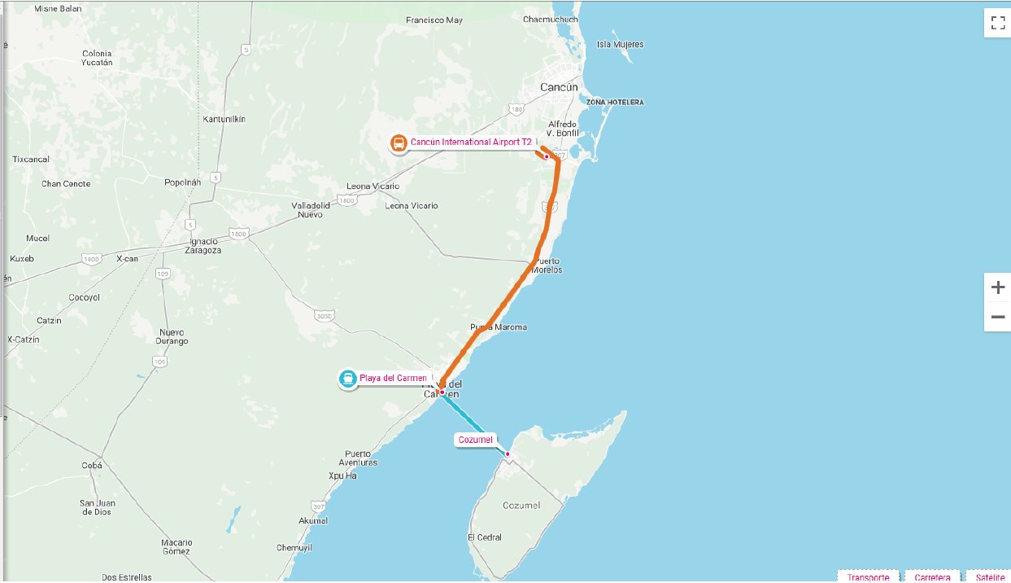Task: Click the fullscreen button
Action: (x=997, y=23)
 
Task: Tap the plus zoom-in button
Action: (x=997, y=287)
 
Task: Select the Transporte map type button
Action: (x=868, y=577)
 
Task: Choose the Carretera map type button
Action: (x=932, y=577)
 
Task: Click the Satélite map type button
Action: (x=989, y=577)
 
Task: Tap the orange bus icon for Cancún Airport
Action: (x=399, y=144)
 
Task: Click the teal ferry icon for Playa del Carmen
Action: (x=348, y=379)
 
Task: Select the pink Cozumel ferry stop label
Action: (x=476, y=440)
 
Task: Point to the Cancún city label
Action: (x=560, y=87)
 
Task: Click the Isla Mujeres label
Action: (x=620, y=45)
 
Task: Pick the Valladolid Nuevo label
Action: (x=311, y=210)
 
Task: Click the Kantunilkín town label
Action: (x=224, y=119)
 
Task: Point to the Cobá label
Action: (x=92, y=466)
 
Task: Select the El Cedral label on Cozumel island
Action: (x=485, y=537)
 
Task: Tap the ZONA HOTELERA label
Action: (x=614, y=103)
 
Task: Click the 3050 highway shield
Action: (x=324, y=315)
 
